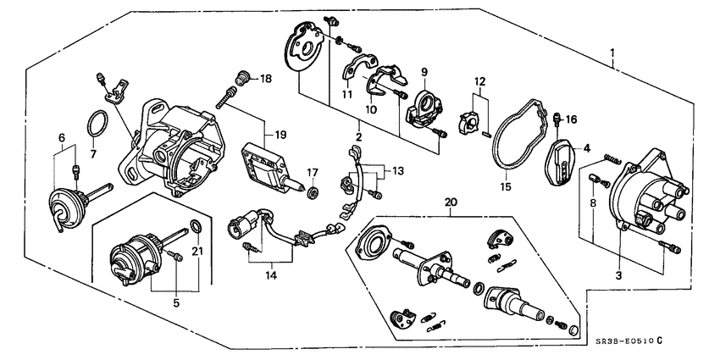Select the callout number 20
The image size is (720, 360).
click(x=450, y=202)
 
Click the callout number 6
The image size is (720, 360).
click(x=60, y=136)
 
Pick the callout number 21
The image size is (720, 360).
click(x=197, y=251)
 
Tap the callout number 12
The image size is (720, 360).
click(x=480, y=82)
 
